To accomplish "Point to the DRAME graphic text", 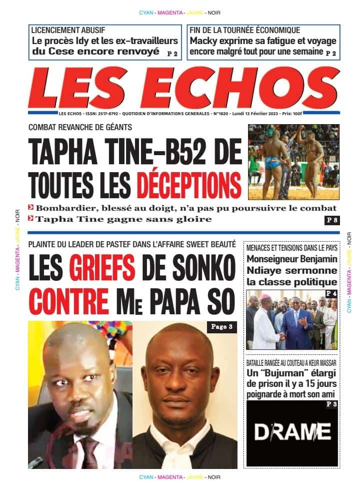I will (x=292, y=431).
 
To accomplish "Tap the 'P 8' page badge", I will (x=332, y=220).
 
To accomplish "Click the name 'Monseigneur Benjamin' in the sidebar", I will (x=292, y=259).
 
